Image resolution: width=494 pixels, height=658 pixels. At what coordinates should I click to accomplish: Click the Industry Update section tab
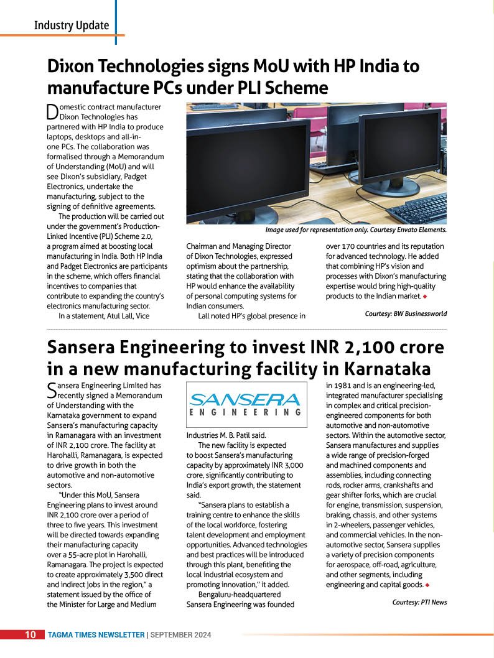(x=71, y=25)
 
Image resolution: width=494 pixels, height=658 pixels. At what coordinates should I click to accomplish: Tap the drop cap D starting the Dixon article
(x=52, y=112)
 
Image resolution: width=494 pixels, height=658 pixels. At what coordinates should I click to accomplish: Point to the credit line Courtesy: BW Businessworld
(x=406, y=313)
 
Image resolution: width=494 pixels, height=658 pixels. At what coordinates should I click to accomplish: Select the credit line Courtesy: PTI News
(x=419, y=602)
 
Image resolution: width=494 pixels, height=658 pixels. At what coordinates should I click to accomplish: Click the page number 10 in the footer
(x=30, y=635)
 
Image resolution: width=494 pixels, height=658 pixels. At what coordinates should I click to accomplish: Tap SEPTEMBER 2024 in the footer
(x=181, y=635)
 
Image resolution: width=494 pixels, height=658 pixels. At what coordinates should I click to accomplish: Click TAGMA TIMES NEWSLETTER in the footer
(x=96, y=635)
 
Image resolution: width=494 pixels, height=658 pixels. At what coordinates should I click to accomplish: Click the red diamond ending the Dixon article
(x=424, y=296)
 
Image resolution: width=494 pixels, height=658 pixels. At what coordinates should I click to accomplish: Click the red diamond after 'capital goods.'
(x=427, y=585)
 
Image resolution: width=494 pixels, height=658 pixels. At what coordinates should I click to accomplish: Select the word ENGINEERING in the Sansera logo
(x=246, y=412)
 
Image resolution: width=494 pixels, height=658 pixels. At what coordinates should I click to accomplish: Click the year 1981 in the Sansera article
(x=343, y=386)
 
